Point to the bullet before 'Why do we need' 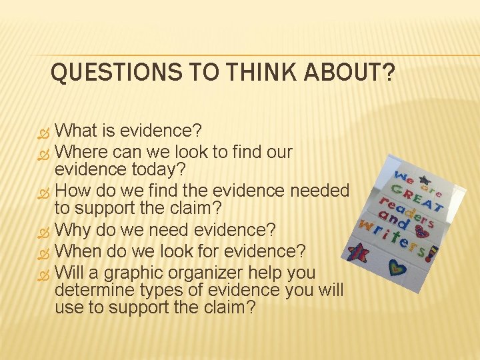coord(45,231)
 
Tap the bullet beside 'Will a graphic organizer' coord(45,273)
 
